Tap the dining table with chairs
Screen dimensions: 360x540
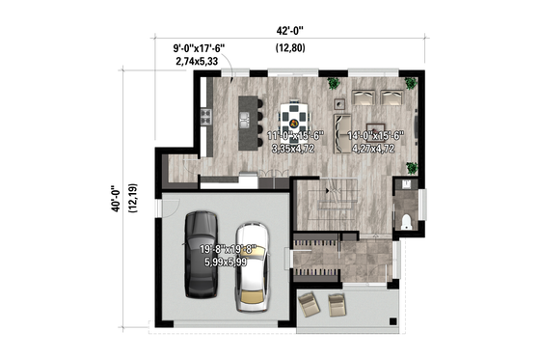click(294, 117)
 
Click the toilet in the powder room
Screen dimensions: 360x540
click(405, 222)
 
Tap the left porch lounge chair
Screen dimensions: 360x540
click(309, 305)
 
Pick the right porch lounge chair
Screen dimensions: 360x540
click(337, 305)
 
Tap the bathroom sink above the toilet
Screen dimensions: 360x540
click(407, 183)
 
